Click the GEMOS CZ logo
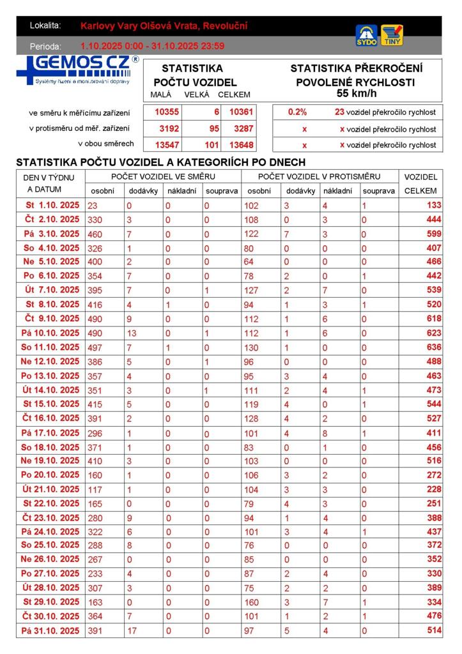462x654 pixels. pos(77,70)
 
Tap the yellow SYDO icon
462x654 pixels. pos(366,35)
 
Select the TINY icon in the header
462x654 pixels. pos(392,35)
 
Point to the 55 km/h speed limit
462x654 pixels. pos(357,93)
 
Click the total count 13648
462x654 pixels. pos(242,144)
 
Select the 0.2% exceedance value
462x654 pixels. pos(297,112)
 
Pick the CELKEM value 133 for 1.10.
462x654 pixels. pos(434,206)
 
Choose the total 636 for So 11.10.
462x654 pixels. pos(434,347)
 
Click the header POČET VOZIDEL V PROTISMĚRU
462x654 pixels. pos(320,176)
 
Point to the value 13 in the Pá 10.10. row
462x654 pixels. pos(132,333)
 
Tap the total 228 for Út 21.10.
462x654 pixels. pos(434,489)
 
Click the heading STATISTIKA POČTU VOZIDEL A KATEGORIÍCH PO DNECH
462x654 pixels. pos(160,162)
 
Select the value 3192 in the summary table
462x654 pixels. pos(169,128)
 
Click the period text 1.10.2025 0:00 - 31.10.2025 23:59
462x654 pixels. pos(153,46)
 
